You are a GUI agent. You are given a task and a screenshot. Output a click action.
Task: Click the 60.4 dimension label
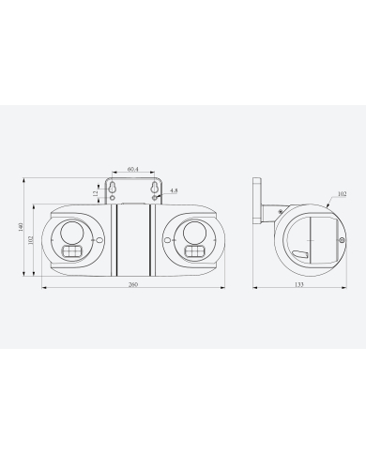click(x=132, y=169)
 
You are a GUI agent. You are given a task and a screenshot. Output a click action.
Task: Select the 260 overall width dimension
click(x=132, y=284)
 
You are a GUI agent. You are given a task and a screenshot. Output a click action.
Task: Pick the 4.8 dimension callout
click(x=174, y=191)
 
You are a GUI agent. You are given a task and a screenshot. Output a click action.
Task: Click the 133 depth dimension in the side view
click(x=297, y=284)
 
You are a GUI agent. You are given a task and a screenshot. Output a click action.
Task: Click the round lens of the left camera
click(x=71, y=234)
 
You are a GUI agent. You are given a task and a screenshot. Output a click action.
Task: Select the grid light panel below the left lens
click(x=71, y=252)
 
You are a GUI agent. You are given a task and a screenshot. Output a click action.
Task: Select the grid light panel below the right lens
click(x=193, y=252)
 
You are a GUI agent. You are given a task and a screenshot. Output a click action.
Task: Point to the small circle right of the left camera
click(x=98, y=240)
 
